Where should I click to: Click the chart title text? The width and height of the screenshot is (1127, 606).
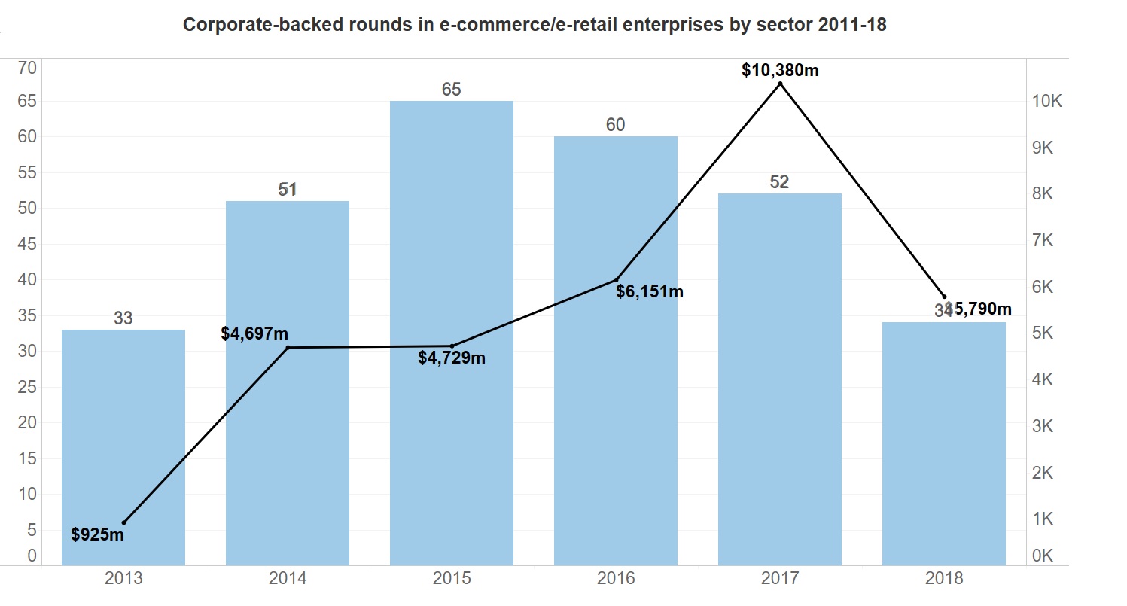point(535,25)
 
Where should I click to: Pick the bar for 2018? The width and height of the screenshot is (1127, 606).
point(944,452)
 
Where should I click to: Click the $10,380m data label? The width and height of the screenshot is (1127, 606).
point(780,70)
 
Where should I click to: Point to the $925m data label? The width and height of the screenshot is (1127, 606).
point(98,535)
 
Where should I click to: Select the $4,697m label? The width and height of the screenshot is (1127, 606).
point(254,333)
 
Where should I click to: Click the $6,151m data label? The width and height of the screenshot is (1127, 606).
point(650,291)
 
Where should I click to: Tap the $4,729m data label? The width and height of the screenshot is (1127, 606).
point(452,358)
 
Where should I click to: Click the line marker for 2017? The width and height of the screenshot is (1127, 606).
point(780,84)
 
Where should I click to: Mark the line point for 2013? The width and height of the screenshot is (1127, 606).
point(123,522)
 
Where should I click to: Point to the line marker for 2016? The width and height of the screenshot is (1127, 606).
point(616,280)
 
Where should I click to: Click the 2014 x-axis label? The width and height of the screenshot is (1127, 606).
point(288,579)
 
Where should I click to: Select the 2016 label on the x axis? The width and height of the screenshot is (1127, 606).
point(616,579)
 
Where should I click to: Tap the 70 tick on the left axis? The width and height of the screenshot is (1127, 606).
point(27,68)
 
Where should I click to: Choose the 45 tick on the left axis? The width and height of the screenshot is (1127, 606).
point(27,244)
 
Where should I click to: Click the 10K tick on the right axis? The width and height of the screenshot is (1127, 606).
point(1047,102)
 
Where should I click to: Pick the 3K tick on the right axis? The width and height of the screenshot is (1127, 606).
point(1043,426)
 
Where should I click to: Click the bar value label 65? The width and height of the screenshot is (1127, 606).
point(452,90)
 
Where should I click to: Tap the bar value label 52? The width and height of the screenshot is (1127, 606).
point(780,182)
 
